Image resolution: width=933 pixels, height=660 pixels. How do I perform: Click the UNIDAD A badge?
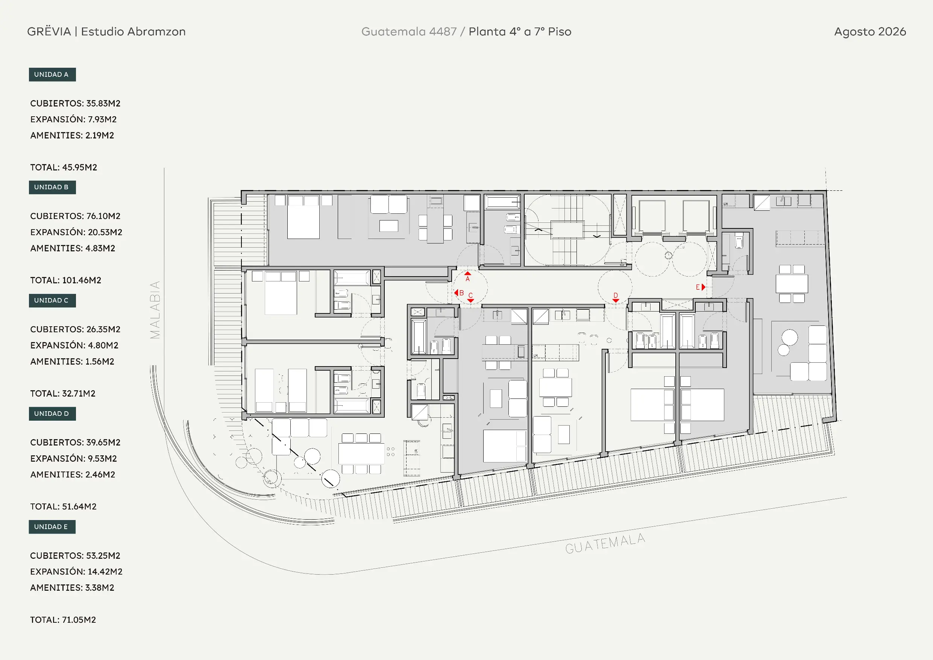(x=52, y=75)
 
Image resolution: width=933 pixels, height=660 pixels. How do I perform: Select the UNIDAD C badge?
(x=52, y=301)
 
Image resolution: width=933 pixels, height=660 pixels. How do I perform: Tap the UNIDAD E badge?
(x=52, y=527)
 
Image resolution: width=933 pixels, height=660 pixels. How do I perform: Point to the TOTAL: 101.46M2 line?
(x=65, y=280)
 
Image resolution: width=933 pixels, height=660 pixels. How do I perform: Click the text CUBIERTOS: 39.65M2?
(x=75, y=443)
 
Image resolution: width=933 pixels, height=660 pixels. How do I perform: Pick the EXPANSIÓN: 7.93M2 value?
(x=74, y=119)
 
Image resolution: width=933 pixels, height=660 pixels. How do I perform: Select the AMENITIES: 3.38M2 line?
(x=72, y=588)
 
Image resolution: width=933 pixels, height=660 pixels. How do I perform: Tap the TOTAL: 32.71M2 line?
(x=62, y=393)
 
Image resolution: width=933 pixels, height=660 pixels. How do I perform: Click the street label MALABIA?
(x=155, y=310)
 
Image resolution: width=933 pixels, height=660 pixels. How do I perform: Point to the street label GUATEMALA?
(x=605, y=543)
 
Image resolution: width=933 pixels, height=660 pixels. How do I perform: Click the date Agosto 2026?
(x=870, y=32)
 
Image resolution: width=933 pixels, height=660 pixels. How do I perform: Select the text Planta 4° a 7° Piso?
(x=520, y=32)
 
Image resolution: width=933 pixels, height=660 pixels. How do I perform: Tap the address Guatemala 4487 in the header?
(x=409, y=32)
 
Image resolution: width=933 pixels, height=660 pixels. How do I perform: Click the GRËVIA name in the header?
(x=49, y=31)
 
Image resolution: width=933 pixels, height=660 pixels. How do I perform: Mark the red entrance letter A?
(x=468, y=279)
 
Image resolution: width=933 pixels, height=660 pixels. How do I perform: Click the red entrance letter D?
(x=616, y=295)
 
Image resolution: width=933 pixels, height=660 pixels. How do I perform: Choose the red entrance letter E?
(x=698, y=287)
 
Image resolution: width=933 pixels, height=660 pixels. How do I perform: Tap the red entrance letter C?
(x=470, y=295)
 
